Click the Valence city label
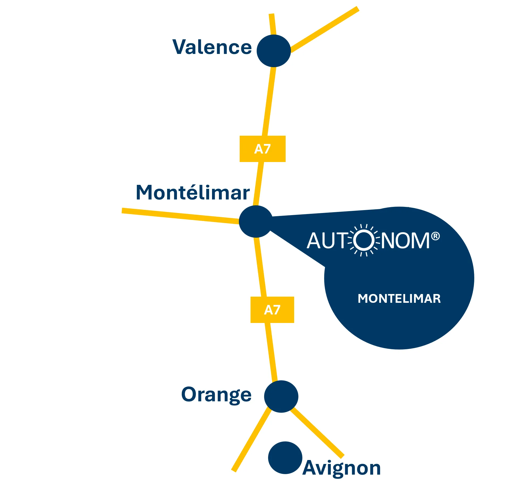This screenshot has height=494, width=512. coord(212,47)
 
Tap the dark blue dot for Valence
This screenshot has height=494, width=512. coord(274,51)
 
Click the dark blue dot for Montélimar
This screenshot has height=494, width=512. coord(256,221)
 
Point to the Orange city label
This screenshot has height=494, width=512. coord(216,395)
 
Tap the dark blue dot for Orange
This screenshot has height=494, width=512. coord(281,397)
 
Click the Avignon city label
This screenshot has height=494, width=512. coord(342,468)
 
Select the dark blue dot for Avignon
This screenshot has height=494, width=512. coord(285,458)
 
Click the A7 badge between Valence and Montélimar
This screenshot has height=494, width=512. coord(263,149)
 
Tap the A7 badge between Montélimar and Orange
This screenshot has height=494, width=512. coord(272,310)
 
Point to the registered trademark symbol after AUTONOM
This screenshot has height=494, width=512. coord(435,236)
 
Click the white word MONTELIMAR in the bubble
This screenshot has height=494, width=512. coord(399,299)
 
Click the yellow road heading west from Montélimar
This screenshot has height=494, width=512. coord(181,216)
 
